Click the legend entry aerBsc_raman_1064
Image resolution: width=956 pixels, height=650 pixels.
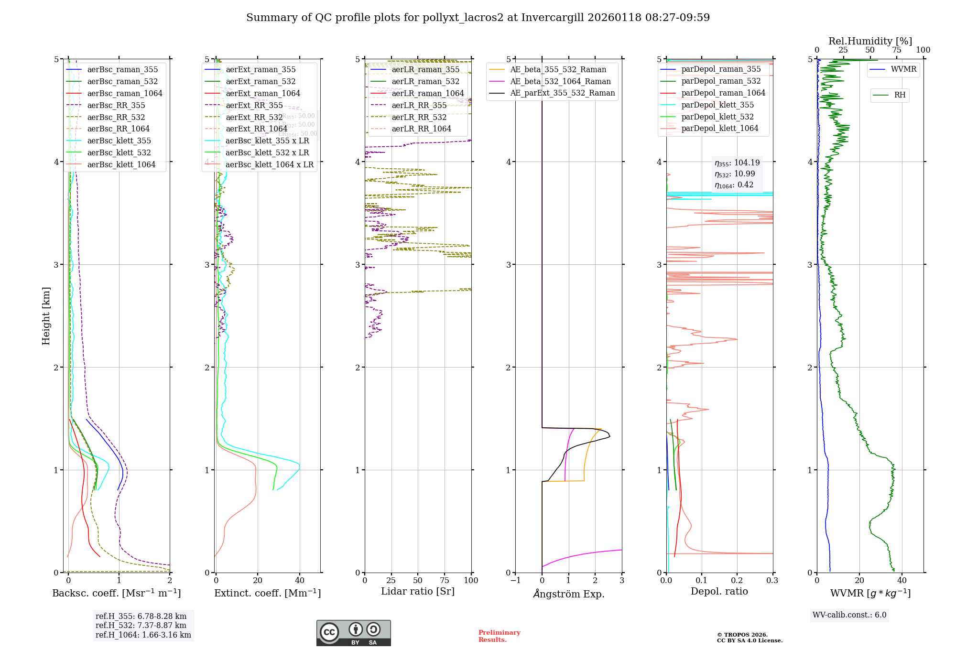coord(124,93)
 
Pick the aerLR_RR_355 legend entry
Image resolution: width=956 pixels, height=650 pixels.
coord(419,105)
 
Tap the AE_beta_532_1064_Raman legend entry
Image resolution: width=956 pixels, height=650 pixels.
coord(560,81)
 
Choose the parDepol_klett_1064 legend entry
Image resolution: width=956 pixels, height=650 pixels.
coord(719,128)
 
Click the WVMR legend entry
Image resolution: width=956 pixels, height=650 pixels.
coord(903,69)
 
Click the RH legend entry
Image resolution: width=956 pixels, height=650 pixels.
coord(900,95)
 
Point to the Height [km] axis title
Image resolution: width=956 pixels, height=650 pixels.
coord(46,315)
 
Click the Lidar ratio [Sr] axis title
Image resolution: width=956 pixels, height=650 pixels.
coord(417,591)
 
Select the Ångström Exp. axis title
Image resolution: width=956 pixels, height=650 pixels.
coord(568,594)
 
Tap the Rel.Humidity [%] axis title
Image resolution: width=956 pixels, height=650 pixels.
coord(870,41)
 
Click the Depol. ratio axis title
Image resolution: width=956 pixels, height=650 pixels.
coord(719,591)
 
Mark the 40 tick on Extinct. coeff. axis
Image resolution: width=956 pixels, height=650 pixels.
coord(300,580)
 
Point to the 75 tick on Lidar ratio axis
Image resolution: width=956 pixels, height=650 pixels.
coord(445,580)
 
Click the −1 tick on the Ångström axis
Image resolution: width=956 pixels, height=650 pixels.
coord(515,580)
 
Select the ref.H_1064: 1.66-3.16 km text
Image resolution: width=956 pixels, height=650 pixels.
coord(143,635)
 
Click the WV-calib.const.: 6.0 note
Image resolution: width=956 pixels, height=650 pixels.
coord(849,615)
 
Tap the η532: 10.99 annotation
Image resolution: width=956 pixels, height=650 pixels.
coord(735,174)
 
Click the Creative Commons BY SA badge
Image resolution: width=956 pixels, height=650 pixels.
coord(353,633)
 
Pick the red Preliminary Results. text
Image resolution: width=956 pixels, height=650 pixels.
coord(499,636)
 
